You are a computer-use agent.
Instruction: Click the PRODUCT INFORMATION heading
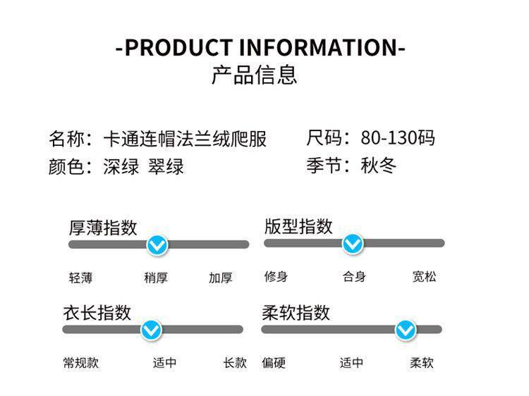pos(260,48)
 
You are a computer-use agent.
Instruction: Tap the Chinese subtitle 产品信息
pos(255,74)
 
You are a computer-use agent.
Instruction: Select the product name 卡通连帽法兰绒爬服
pos(186,138)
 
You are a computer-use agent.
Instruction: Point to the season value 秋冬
pos(379,166)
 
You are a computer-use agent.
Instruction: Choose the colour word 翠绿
pos(166,167)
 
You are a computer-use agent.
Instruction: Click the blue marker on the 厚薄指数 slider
pos(157,245)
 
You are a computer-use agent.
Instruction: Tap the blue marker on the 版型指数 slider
pos(352,244)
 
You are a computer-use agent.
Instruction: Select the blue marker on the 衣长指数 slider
pos(151,329)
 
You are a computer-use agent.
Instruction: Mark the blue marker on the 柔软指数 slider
pos(405,329)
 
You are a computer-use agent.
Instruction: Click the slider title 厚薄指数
pos(103,227)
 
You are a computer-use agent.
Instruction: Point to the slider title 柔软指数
pos(296,312)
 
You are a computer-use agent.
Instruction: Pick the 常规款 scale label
pos(80,363)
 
